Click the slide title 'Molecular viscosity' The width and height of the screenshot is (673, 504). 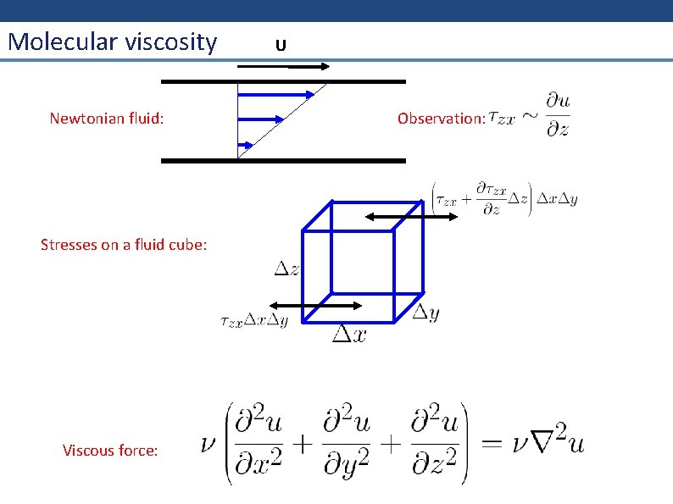tap(112, 42)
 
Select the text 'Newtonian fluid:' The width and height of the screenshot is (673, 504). tap(107, 118)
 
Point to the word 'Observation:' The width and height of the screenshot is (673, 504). tap(442, 118)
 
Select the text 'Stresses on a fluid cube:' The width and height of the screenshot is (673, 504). tap(124, 245)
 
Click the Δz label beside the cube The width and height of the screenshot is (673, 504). tap(286, 269)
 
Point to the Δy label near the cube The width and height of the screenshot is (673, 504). tap(425, 313)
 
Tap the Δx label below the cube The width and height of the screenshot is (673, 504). tap(349, 335)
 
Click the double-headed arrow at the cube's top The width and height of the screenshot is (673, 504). tap(412, 216)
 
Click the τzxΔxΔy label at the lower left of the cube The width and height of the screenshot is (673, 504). tap(253, 321)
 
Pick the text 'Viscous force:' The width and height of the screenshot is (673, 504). tap(110, 451)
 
